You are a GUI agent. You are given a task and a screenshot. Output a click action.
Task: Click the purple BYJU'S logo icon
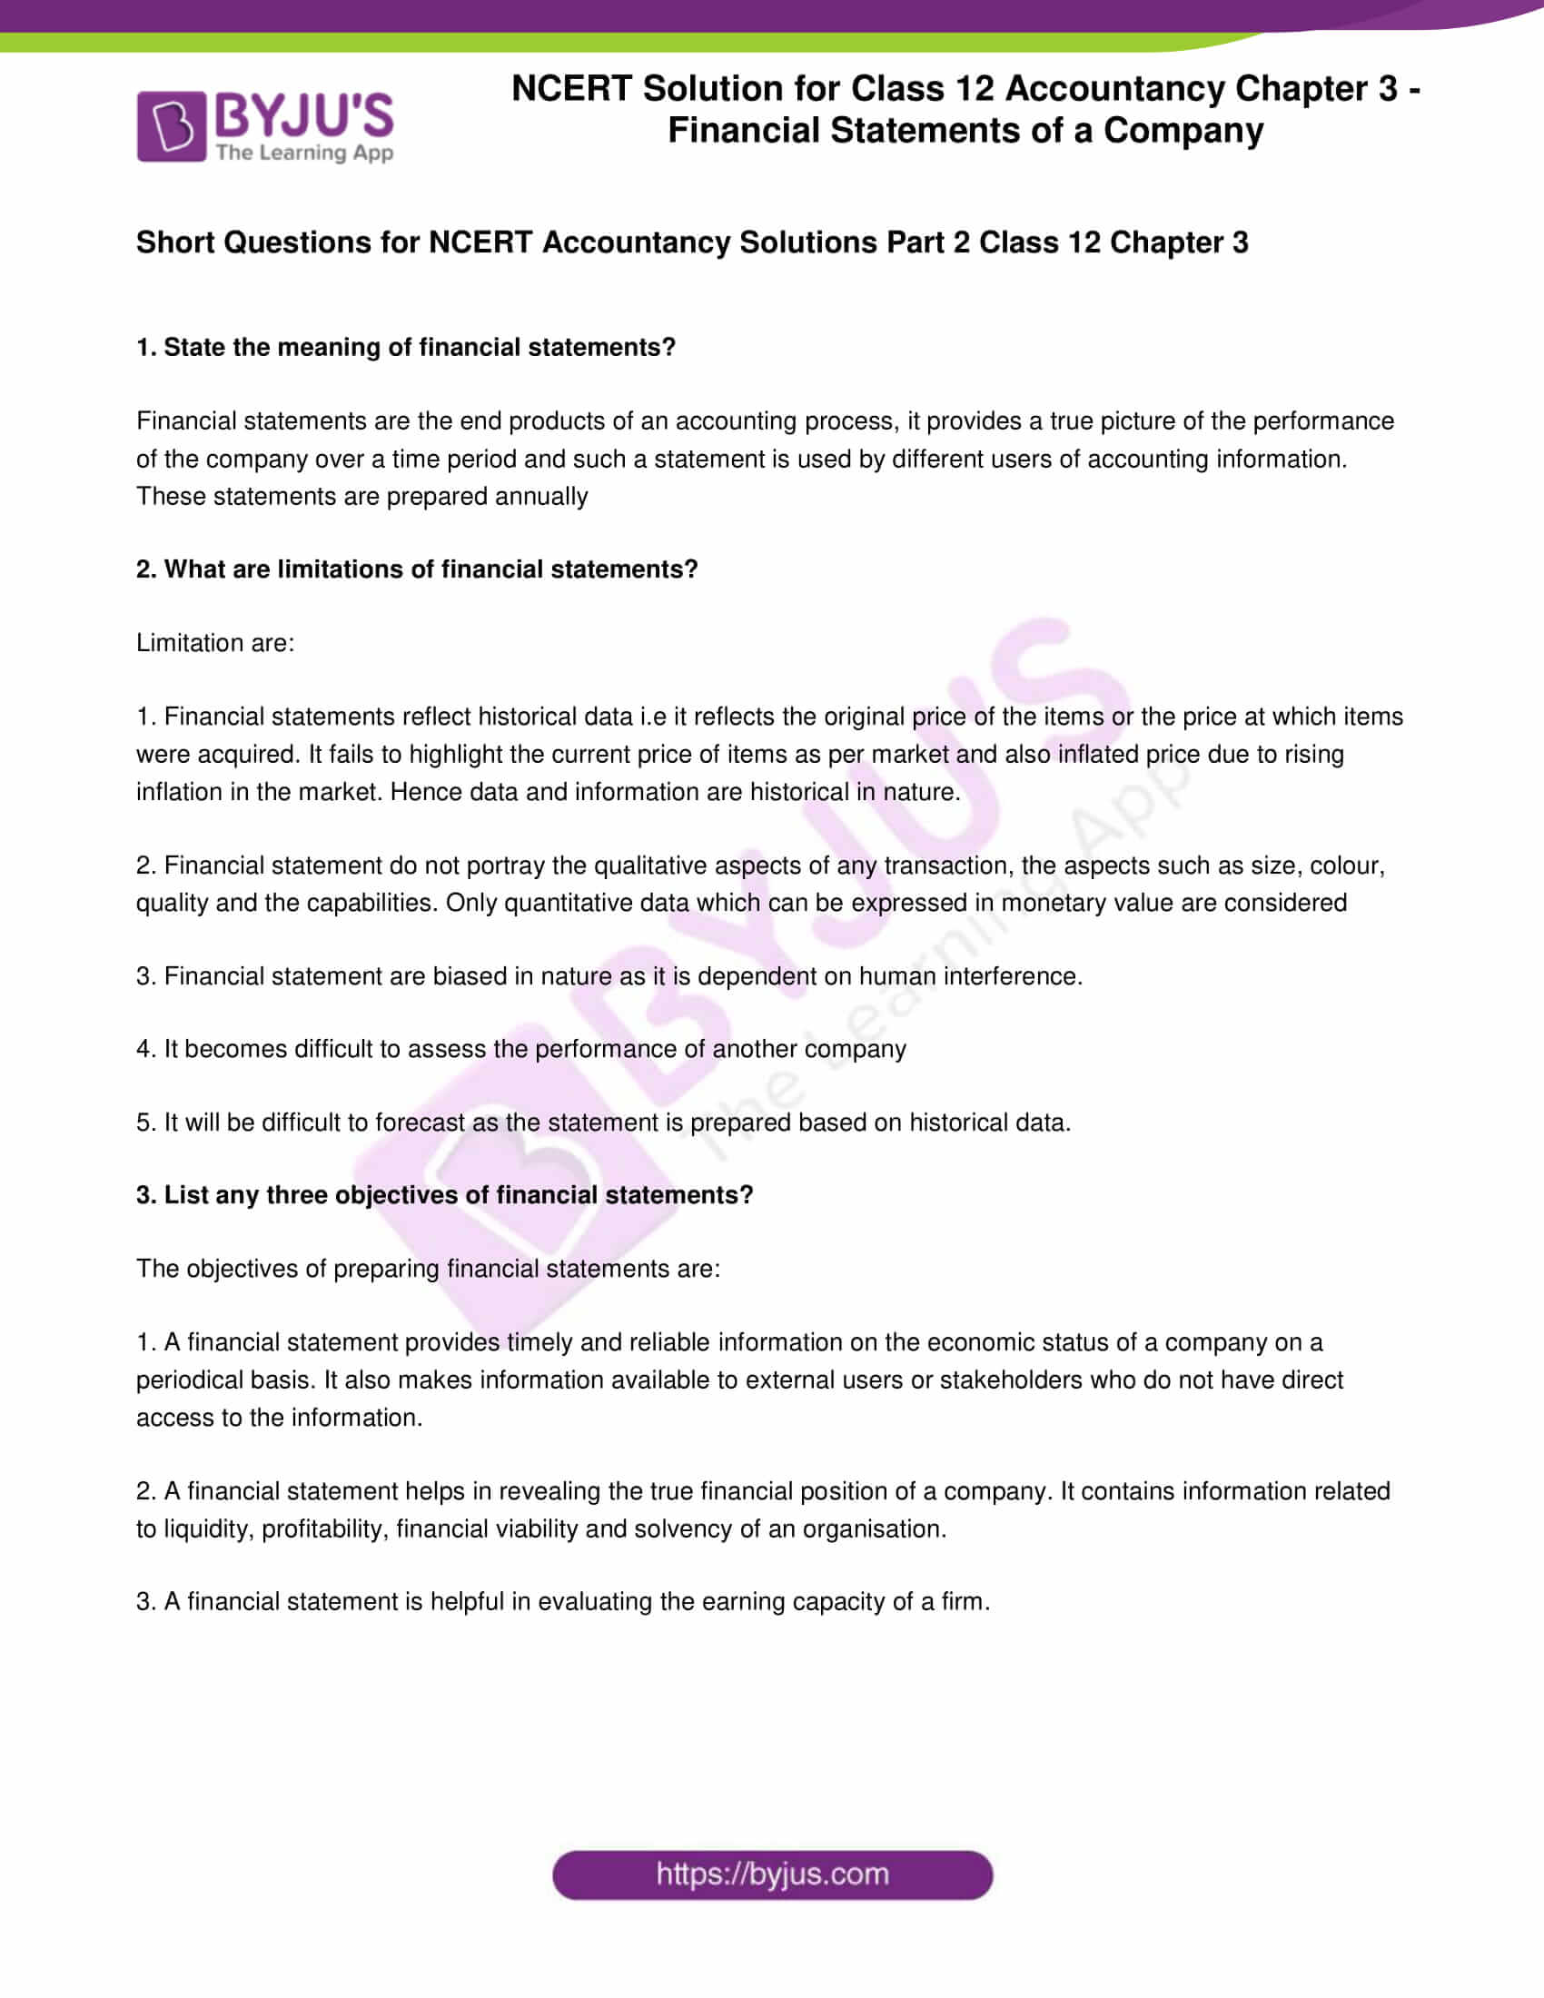[x=171, y=126]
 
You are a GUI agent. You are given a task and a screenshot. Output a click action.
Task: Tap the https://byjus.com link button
[x=772, y=1874]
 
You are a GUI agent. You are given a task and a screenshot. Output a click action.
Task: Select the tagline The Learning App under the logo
[x=304, y=153]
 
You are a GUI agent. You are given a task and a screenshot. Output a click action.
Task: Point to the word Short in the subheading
[x=175, y=242]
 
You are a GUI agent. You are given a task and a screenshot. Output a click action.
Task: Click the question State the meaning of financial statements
[x=406, y=348]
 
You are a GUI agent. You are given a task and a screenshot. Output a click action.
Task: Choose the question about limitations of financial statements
[x=417, y=569]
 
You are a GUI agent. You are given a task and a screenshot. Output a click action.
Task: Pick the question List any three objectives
[x=444, y=1195]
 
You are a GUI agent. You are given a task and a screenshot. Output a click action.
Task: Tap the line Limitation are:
[x=216, y=643]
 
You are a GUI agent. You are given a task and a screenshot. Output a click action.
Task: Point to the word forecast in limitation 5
[x=420, y=1123]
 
